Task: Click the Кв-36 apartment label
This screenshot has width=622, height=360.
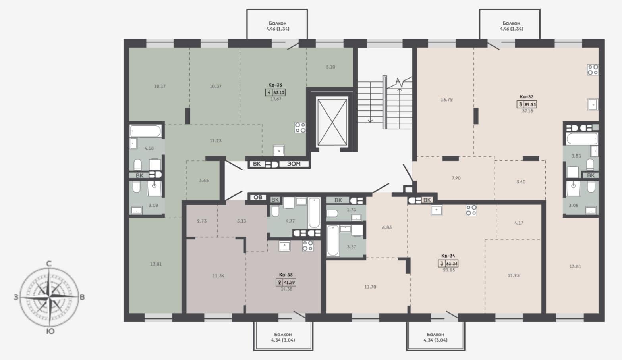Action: click(x=275, y=85)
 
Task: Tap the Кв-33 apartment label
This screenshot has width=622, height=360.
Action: click(x=527, y=97)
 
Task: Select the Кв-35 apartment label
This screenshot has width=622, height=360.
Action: click(x=286, y=275)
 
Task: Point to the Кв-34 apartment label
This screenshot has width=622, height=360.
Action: click(x=448, y=256)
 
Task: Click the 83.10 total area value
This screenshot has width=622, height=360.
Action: click(x=279, y=92)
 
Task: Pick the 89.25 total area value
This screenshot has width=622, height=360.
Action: click(x=530, y=105)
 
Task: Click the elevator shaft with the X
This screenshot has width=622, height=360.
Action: click(x=332, y=122)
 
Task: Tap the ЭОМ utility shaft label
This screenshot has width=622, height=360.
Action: click(x=294, y=164)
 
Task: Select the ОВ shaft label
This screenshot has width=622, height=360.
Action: click(x=258, y=197)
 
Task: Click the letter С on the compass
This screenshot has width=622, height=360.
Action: click(x=49, y=264)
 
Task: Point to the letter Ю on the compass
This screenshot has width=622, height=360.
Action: click(x=50, y=331)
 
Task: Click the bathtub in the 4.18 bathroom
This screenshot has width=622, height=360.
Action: click(x=145, y=131)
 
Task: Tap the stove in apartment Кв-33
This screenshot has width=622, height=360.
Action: click(x=593, y=70)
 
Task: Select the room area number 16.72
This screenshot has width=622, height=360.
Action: click(x=446, y=100)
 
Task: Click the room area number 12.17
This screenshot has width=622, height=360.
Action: click(x=160, y=86)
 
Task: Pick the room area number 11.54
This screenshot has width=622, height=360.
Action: click(x=218, y=276)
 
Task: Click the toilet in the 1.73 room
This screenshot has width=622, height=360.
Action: click(x=332, y=214)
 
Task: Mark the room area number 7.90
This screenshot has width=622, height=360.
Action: click(x=456, y=178)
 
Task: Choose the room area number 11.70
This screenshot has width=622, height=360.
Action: click(x=370, y=287)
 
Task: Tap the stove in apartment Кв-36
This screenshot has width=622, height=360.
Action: click(x=300, y=128)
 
